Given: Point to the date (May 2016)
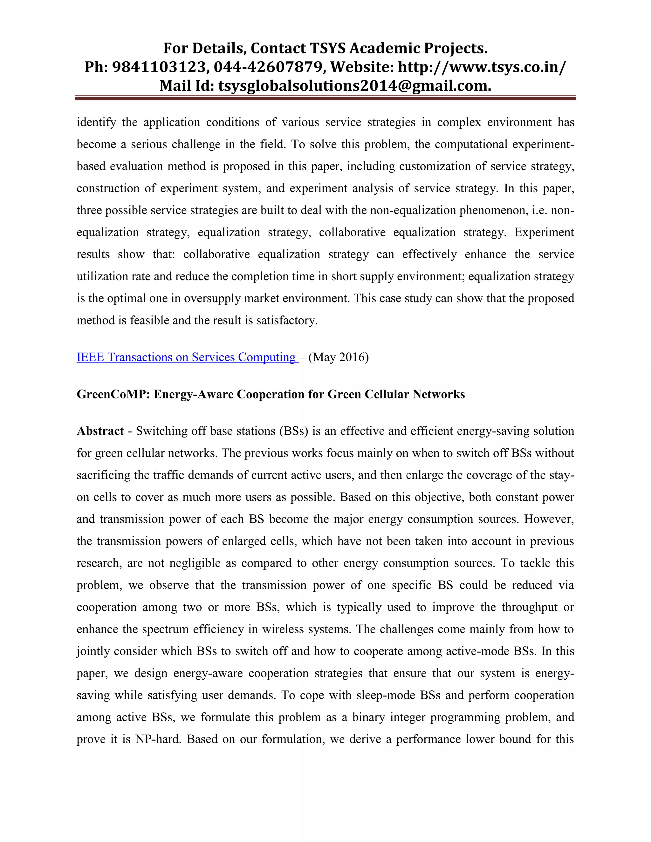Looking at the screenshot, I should coord(339,357).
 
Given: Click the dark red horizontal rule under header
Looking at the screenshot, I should coord(325,98).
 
